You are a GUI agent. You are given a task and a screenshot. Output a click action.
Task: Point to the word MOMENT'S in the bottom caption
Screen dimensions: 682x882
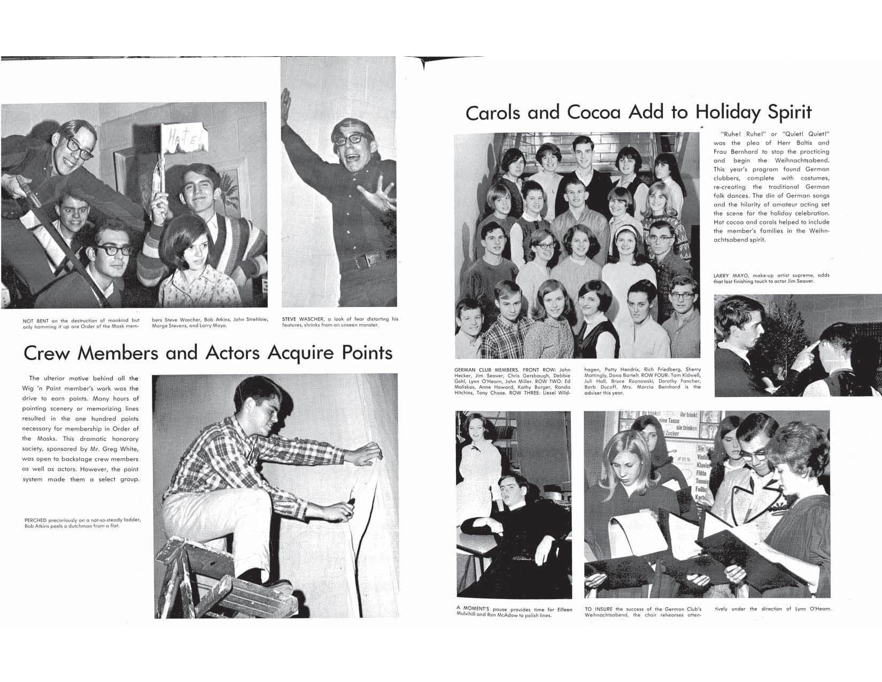(x=484, y=609)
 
